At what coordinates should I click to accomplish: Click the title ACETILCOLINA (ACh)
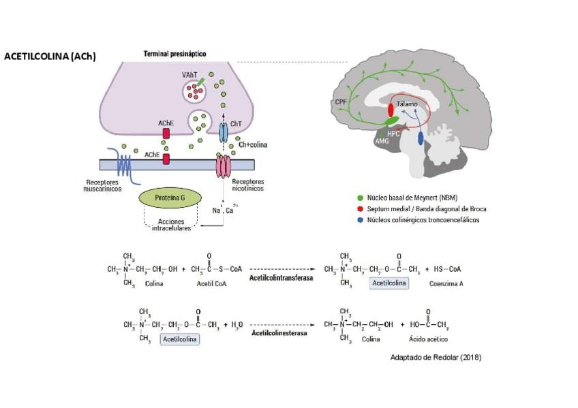(50, 57)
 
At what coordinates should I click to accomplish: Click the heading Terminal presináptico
(175, 53)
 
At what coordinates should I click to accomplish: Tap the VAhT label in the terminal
(190, 74)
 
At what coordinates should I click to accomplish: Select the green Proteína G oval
(170, 198)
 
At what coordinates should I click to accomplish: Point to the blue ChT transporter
(223, 132)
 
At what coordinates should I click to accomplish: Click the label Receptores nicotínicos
(248, 186)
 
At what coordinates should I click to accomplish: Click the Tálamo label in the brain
(407, 104)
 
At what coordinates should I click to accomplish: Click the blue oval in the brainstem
(420, 138)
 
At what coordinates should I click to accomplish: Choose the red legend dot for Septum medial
(360, 208)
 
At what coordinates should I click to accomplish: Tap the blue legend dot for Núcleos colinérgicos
(360, 220)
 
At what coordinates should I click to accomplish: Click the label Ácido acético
(426, 339)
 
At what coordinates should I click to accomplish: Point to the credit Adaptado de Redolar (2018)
(436, 357)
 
